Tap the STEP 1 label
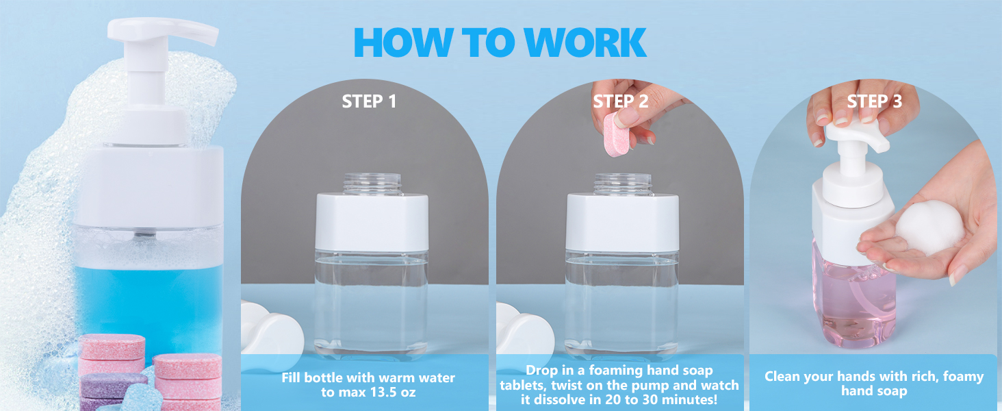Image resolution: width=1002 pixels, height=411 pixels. pyautogui.click(x=369, y=101)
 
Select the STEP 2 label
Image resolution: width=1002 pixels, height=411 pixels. pyautogui.click(x=621, y=101)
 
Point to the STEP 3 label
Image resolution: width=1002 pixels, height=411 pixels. pyautogui.click(x=875, y=101)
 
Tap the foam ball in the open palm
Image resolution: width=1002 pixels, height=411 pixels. pyautogui.click(x=929, y=228)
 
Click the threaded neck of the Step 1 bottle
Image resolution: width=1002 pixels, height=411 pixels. pyautogui.click(x=372, y=184)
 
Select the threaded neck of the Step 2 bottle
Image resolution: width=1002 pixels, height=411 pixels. pyautogui.click(x=623, y=184)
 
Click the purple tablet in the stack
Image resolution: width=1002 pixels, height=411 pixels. pyautogui.click(x=114, y=385)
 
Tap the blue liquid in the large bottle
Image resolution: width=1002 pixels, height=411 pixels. pyautogui.click(x=148, y=304)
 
